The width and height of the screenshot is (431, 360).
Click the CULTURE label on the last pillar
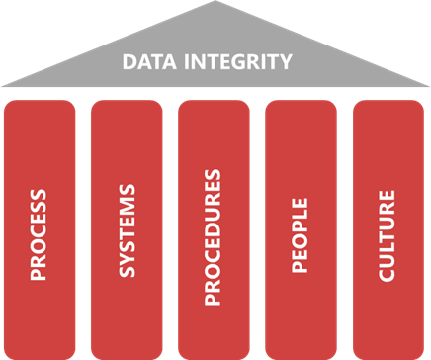388,230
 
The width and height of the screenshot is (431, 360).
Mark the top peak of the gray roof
215,3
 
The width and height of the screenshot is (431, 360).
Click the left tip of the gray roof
3,85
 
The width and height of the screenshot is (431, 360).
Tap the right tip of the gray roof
428,85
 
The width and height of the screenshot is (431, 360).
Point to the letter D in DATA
128,62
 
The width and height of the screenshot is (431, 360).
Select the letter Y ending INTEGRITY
286,62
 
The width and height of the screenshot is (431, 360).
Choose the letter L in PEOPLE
302,214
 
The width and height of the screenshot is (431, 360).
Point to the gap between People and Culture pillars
345,227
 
